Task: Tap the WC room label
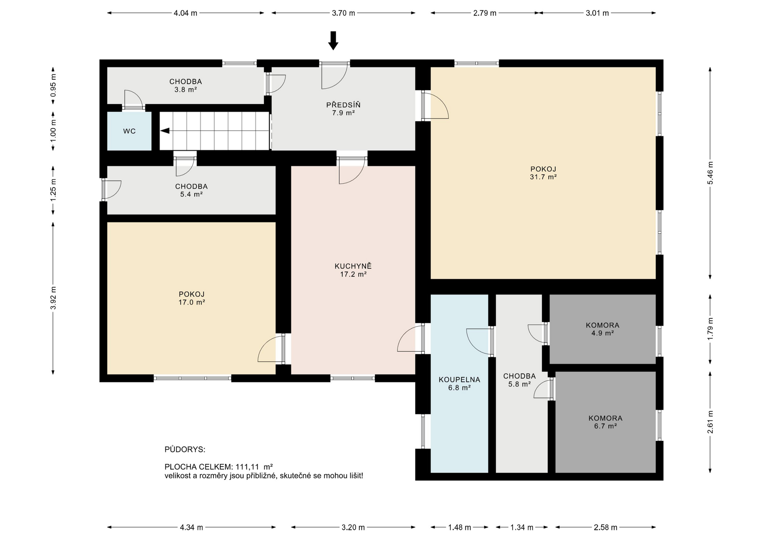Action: tap(130, 131)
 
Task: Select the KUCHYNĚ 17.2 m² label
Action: tap(353, 270)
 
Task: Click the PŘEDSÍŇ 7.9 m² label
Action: tap(343, 109)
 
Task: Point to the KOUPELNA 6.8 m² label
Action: tap(459, 383)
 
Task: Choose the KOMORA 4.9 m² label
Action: tap(602, 329)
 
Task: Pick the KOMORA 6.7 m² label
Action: tap(605, 422)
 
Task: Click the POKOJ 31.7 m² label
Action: tap(543, 173)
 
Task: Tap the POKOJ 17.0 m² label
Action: tap(192, 298)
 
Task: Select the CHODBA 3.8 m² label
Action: tap(186, 85)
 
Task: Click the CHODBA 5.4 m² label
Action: tap(192, 190)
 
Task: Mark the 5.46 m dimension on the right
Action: tap(710, 173)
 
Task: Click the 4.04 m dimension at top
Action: tap(186, 13)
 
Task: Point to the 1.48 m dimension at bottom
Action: tap(459, 528)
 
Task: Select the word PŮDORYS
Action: tap(185, 450)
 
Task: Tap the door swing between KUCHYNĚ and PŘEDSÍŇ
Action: tap(351, 173)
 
